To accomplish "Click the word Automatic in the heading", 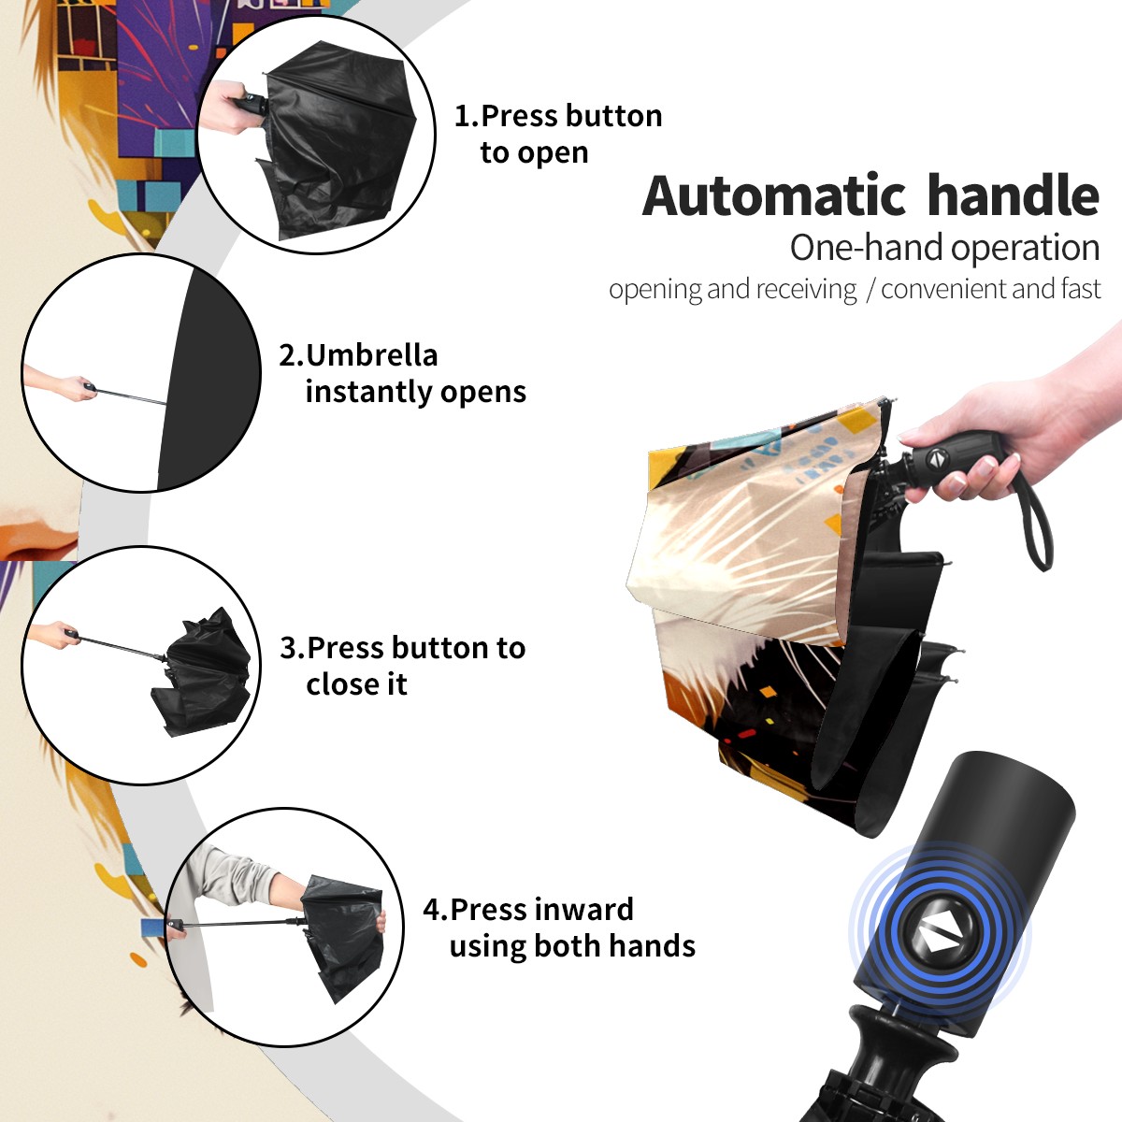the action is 773,195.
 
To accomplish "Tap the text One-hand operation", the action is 944,249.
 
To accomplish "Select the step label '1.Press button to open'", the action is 558,135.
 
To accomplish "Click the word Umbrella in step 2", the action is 371,355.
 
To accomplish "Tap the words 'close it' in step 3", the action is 356,683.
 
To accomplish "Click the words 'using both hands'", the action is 572,946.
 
